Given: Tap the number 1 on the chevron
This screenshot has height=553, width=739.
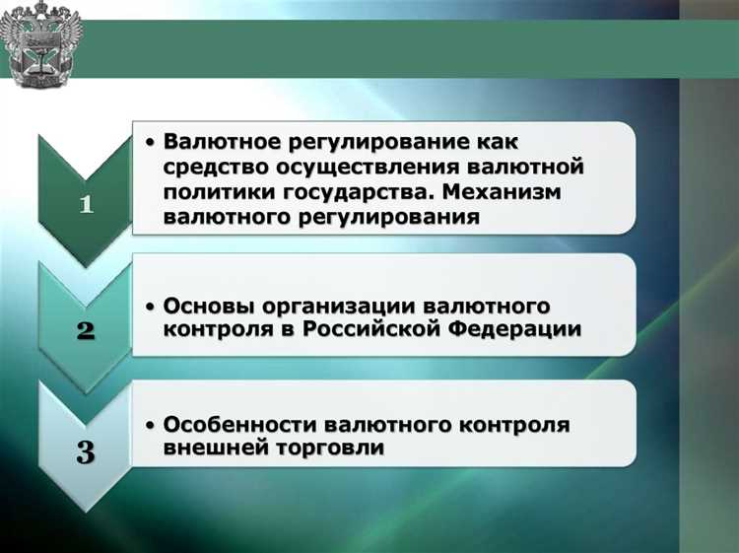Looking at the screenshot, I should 86,204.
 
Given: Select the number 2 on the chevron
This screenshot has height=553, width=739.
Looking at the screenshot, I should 86,329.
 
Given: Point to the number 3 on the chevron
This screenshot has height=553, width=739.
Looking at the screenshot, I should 86,453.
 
